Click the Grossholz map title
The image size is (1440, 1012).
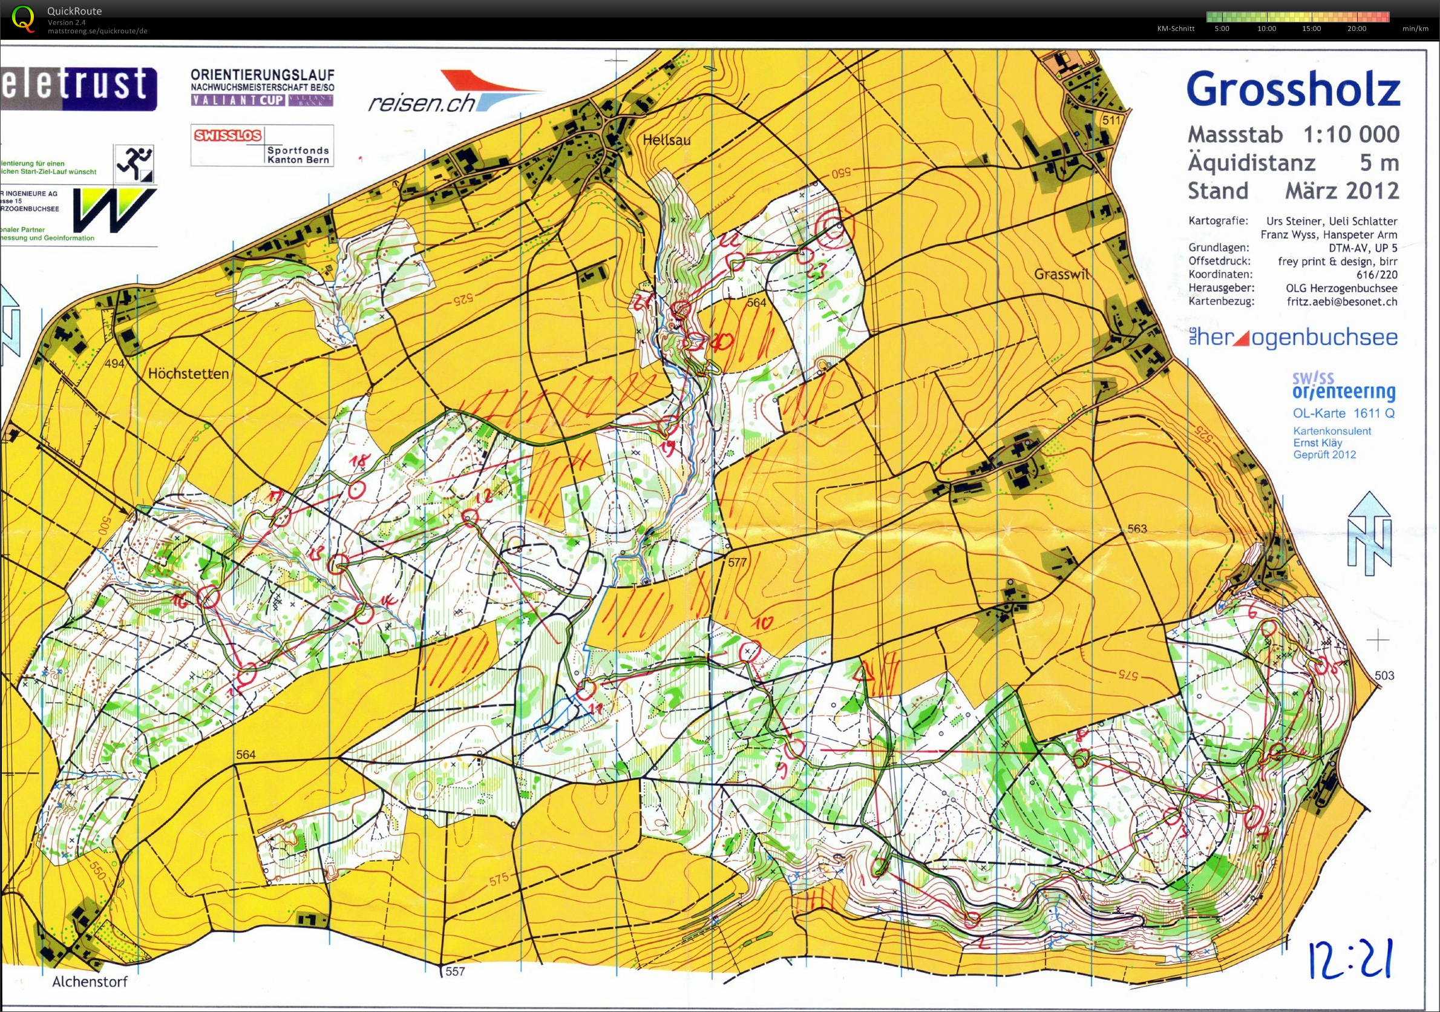(1292, 90)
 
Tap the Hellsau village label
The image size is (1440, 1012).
(666, 140)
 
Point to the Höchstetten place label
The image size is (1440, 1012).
(188, 374)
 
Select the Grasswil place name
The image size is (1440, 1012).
(1061, 274)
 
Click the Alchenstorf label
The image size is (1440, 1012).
(89, 982)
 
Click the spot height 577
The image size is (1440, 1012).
(738, 562)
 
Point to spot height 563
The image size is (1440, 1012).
(1137, 529)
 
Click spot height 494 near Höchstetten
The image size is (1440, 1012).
(114, 363)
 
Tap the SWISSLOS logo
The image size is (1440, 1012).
(227, 136)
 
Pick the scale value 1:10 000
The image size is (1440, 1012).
(1351, 134)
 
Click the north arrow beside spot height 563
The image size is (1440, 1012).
(1369, 533)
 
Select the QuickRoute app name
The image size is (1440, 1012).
(74, 11)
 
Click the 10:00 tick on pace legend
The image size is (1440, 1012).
(1266, 29)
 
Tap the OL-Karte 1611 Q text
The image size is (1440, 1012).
(1343, 413)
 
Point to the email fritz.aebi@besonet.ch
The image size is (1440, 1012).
(1341, 302)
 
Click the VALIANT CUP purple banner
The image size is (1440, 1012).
(238, 100)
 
